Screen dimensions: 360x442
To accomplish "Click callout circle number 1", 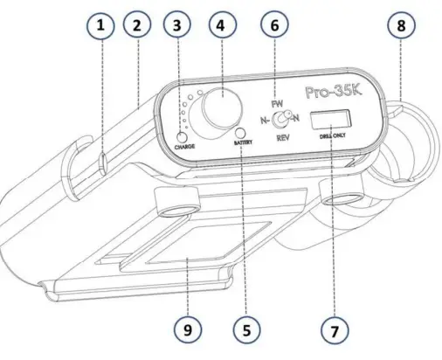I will click(x=101, y=28).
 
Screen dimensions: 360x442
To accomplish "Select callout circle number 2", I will click(x=137, y=28).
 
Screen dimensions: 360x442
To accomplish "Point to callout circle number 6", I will click(x=273, y=28).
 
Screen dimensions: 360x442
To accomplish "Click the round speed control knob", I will click(x=219, y=110).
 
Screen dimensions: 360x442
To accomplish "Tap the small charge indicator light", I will click(x=183, y=136).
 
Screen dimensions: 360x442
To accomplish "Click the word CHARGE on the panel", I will click(x=184, y=147).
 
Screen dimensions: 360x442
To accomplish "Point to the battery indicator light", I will click(x=239, y=131).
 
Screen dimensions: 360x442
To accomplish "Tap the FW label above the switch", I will click(x=277, y=106).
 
